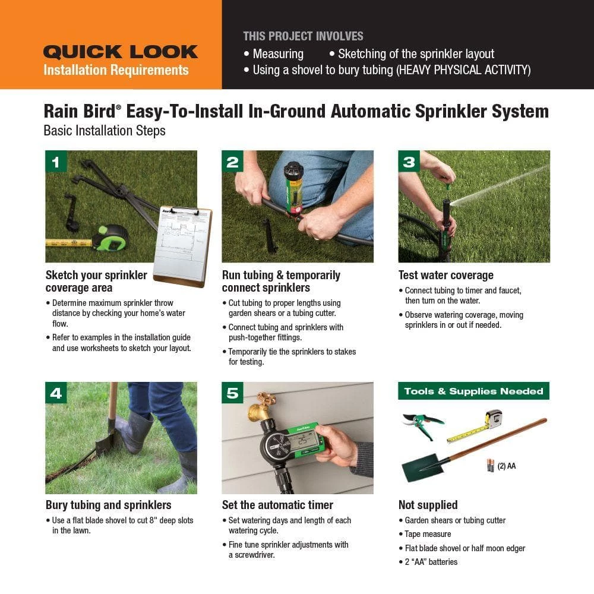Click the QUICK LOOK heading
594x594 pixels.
(120, 52)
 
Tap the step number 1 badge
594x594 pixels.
(56, 162)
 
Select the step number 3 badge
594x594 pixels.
(409, 162)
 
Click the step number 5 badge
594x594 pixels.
(232, 393)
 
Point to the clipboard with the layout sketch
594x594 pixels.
(182, 244)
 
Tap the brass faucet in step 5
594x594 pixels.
(261, 408)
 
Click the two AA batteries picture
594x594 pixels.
(490, 465)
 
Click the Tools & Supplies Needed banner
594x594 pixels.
(473, 391)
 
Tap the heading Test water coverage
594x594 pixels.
(445, 275)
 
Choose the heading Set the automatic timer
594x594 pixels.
(277, 505)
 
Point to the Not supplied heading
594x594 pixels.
(428, 505)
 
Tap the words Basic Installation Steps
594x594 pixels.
(105, 130)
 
